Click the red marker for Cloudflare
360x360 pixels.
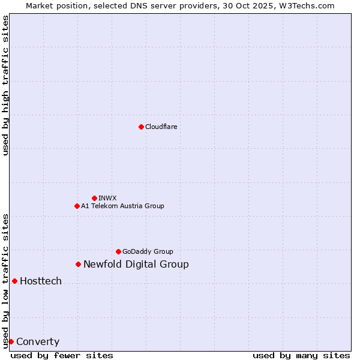[x=141, y=127]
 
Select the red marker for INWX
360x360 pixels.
[x=94, y=198]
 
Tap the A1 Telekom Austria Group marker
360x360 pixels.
[x=77, y=206]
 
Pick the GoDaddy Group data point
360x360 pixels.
[x=118, y=251]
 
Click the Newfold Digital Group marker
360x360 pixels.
[x=78, y=264]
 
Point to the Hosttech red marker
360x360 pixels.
[x=14, y=281]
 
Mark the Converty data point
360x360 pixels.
[x=11, y=341]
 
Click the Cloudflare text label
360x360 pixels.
[x=161, y=127]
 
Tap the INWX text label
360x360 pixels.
[x=107, y=198]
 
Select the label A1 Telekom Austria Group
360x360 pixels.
[x=122, y=206]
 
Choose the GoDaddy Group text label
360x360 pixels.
[x=148, y=251]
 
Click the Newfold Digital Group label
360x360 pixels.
[x=136, y=264]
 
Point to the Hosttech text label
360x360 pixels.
[x=41, y=281]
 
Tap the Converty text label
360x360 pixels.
[x=38, y=342]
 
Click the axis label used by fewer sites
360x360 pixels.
[x=62, y=355]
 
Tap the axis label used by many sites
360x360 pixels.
[x=301, y=355]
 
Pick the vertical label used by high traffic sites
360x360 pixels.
[x=5, y=85]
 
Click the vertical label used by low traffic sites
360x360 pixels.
[x=5, y=280]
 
